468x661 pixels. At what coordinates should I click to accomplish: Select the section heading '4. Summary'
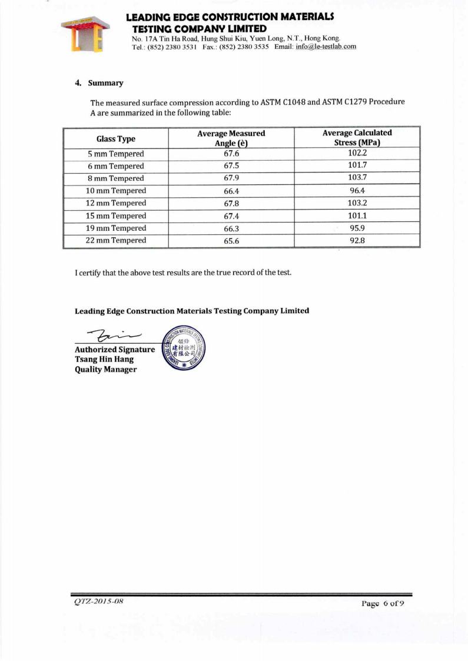(x=99, y=83)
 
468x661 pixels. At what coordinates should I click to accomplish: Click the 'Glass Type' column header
(x=115, y=139)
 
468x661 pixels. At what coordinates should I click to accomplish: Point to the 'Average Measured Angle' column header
(x=231, y=138)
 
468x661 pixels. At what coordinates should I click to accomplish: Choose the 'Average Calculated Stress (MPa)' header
(x=357, y=138)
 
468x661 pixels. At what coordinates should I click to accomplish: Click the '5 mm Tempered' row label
(x=115, y=154)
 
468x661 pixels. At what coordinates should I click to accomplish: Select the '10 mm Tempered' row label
(x=115, y=191)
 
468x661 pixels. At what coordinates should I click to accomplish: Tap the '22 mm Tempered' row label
(x=115, y=240)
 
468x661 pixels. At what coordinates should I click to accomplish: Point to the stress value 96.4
(x=358, y=191)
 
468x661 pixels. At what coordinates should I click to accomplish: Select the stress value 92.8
(x=358, y=240)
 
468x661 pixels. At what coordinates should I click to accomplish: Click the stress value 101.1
(x=358, y=215)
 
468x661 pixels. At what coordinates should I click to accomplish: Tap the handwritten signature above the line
(x=110, y=335)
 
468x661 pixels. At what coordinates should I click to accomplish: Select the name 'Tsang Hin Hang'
(x=104, y=359)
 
